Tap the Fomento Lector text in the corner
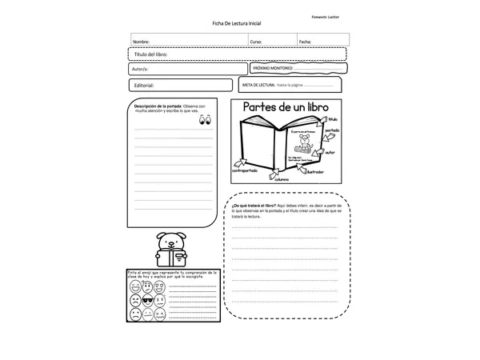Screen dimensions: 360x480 325,15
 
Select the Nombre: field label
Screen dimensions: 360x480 142,41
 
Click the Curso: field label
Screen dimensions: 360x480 256,41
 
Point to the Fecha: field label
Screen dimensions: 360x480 306,41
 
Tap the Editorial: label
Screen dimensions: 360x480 145,85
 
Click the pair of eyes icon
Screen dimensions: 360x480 205,121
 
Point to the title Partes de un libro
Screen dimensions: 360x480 285,107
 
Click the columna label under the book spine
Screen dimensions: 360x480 281,179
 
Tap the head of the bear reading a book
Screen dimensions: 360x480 170,241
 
